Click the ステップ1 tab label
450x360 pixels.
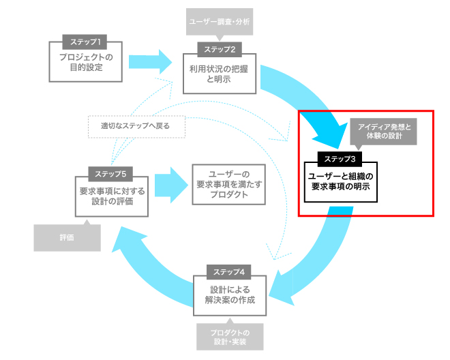85,42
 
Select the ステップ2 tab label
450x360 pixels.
220,50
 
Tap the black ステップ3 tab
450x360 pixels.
340,159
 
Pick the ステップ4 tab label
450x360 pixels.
228,272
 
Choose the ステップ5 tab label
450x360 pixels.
110,174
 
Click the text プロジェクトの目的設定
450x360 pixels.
86,62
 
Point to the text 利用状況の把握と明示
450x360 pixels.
219,74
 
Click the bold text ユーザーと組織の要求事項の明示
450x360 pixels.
341,181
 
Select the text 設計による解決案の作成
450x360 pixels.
230,295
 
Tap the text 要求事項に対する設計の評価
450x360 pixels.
112,196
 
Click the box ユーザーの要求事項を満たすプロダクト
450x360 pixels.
228,184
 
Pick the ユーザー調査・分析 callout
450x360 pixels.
220,22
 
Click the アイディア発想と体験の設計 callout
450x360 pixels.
383,132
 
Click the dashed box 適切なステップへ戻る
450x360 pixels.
136,127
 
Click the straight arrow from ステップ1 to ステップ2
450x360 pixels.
150,62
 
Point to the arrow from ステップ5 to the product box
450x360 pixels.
171,185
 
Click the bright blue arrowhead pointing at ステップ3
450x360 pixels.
333,134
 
